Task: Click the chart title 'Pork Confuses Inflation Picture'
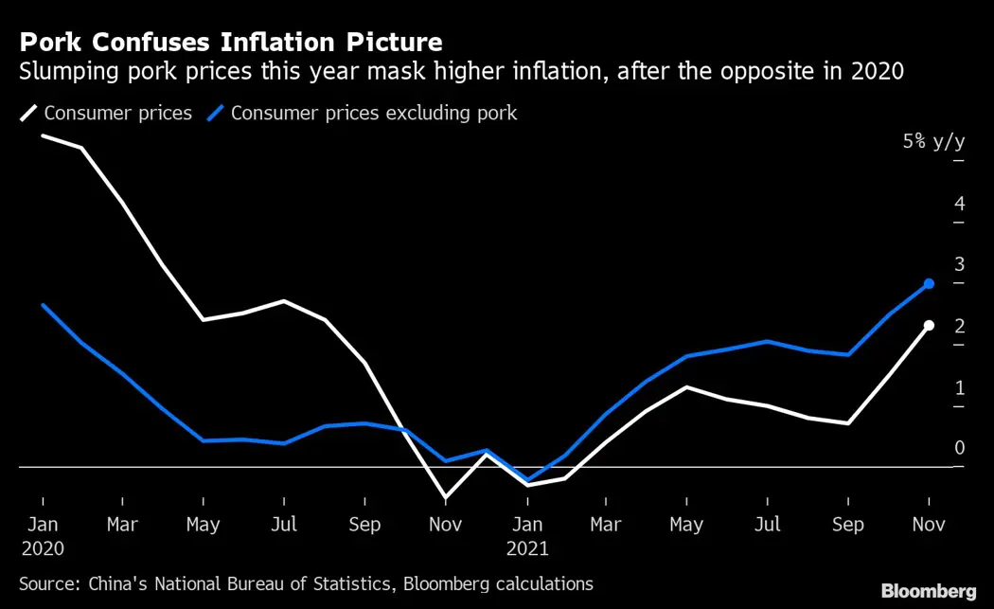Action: click(x=230, y=42)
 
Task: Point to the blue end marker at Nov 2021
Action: click(x=929, y=284)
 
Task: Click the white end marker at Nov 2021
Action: click(x=929, y=326)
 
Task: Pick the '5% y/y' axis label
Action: click(x=933, y=142)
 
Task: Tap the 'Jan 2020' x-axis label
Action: click(x=42, y=535)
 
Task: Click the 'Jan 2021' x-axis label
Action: click(x=527, y=535)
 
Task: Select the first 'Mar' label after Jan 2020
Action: click(x=122, y=524)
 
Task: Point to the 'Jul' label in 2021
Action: click(x=768, y=524)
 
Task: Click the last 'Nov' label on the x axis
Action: click(x=929, y=524)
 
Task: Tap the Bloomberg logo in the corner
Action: click(x=928, y=591)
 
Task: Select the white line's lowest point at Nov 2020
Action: click(x=446, y=497)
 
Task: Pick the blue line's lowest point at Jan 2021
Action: click(x=527, y=480)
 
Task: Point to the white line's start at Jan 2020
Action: click(x=43, y=135)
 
